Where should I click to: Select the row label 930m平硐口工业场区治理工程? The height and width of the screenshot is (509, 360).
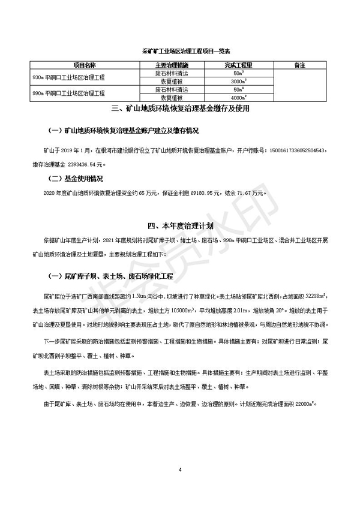click(70, 76)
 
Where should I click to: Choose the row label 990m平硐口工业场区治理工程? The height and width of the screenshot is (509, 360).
click(70, 93)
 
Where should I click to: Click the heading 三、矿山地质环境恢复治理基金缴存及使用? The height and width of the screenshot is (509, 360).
click(181, 110)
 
